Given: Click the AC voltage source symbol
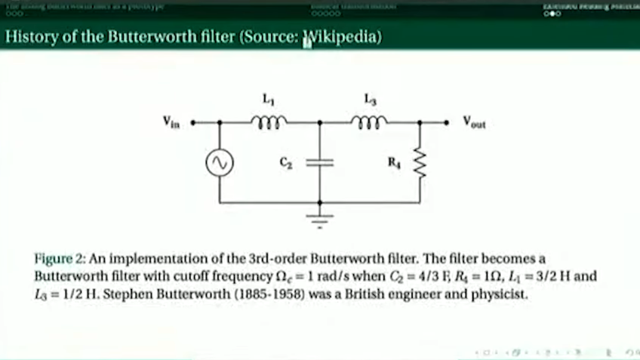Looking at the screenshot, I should pos(220,162).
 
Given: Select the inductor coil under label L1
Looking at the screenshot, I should pos(269,120).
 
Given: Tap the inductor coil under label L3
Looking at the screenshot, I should pos(370,120).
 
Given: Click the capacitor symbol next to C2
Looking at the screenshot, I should pos(319,162).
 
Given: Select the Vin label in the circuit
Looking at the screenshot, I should pos(171,122).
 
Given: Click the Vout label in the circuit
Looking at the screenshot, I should pos(475,122).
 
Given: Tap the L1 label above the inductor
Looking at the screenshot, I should pos(269,98).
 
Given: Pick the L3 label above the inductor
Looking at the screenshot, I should pos(370,98).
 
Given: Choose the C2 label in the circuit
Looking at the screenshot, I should pos(285,162).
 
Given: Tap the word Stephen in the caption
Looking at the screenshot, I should pos(128,294).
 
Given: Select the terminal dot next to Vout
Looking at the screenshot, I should pos(447,122).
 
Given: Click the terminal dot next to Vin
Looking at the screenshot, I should pos(194,122).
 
